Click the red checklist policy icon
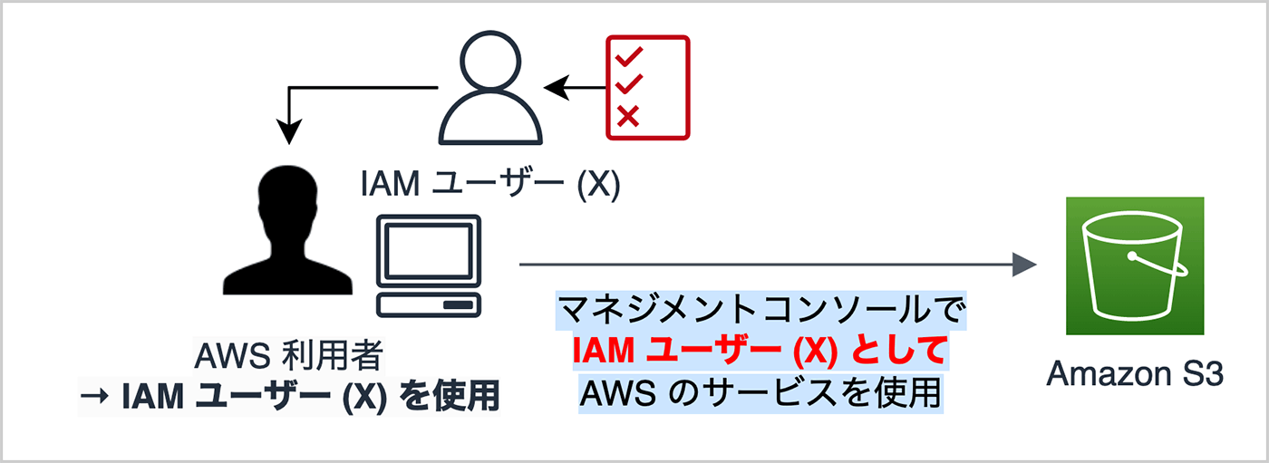pos(647,88)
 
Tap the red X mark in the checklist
pos(628,115)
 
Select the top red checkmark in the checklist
pos(628,56)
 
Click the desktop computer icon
pos(429,266)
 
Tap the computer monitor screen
pos(429,245)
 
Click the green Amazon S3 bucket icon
pos(1135,267)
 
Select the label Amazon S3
pos(1135,374)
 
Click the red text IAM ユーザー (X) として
pos(760,352)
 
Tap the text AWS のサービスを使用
pos(760,392)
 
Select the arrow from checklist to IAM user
pos(576,88)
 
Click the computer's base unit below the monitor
pos(429,304)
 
